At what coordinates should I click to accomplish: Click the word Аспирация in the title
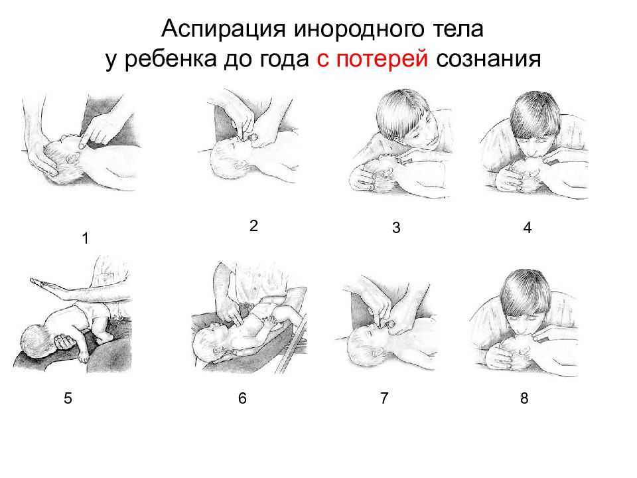point(223,30)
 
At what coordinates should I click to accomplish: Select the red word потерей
point(382,59)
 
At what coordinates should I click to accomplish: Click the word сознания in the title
point(489,59)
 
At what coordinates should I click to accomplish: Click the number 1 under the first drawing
point(86,238)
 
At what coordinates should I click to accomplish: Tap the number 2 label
point(253,226)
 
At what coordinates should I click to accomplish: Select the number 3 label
point(396,227)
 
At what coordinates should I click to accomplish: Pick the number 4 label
point(528,228)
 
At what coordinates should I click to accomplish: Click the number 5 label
point(68,398)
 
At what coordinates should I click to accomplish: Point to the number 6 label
point(242,398)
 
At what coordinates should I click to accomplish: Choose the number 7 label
point(384,398)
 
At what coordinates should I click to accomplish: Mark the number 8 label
point(524,398)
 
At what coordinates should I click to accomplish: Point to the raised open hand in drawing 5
point(48,285)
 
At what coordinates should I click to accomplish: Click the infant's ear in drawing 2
point(240,165)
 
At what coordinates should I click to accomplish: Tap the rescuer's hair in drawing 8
point(525,293)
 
